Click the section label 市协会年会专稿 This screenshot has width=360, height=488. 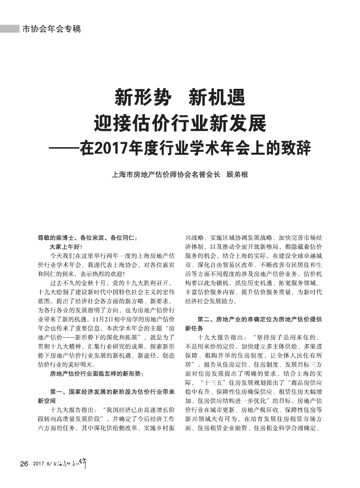tap(51, 29)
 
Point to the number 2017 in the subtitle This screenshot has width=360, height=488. tap(105, 148)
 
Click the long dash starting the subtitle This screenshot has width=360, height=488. tap(64, 148)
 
